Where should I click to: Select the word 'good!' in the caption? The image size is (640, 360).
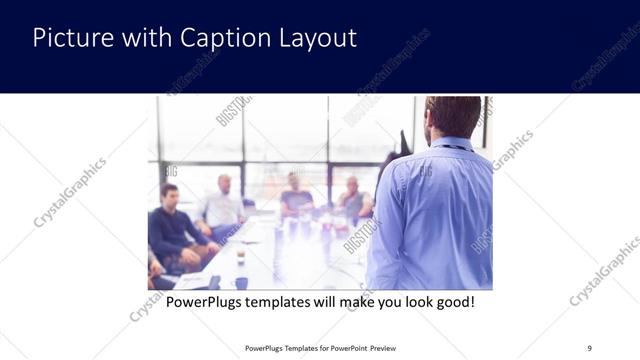tap(452, 301)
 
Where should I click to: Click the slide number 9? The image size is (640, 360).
tap(589, 348)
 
